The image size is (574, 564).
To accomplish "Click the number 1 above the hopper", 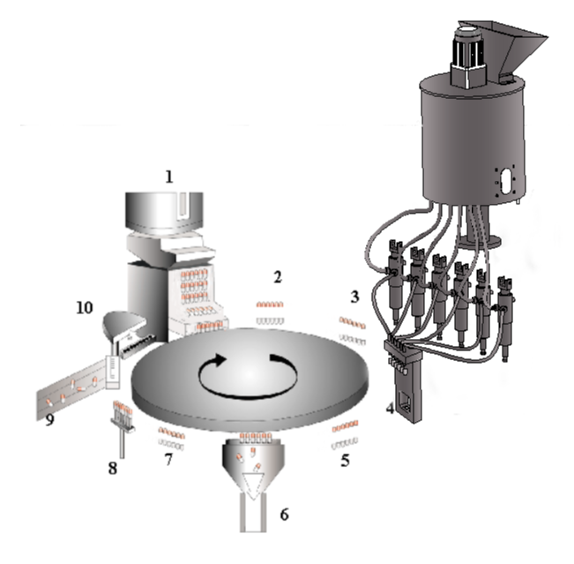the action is tap(168, 177).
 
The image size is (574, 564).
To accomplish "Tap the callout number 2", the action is tap(278, 277).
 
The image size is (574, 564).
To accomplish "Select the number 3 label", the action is tap(354, 297).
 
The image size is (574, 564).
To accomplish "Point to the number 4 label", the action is tap(391, 408).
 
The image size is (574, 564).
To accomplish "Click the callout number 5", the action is tap(346, 460).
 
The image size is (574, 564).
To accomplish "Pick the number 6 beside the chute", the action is tap(285, 515).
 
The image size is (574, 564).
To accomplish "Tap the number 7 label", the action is tap(168, 459).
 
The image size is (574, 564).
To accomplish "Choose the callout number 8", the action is tap(113, 468).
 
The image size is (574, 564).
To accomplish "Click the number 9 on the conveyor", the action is tap(49, 419).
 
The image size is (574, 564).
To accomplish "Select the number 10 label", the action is tap(84, 307).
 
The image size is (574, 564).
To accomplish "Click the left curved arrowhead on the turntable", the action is tap(220, 360).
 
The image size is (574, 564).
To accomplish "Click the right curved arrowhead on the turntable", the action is tap(277, 358).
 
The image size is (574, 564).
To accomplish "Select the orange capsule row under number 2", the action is tap(270, 305).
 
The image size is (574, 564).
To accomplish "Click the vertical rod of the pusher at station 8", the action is tap(122, 445).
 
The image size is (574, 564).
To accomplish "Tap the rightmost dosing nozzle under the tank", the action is tap(505, 319).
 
